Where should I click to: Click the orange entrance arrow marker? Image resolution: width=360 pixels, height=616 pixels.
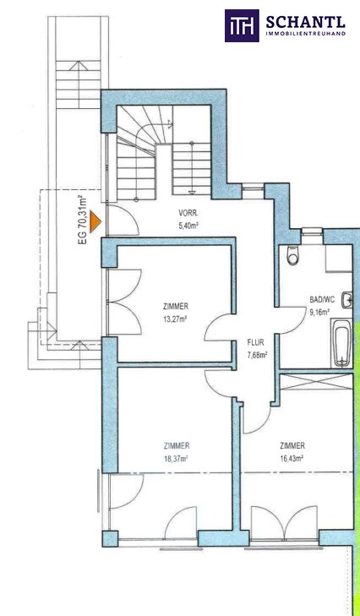click(95, 222)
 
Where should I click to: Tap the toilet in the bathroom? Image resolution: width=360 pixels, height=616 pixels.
click(292, 254)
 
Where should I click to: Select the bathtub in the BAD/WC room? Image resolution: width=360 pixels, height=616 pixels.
click(341, 342)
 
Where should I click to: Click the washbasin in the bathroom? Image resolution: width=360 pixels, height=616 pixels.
click(347, 302)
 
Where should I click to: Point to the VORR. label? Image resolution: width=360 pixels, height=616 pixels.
click(188, 215)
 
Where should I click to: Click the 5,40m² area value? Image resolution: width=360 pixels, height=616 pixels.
click(188, 226)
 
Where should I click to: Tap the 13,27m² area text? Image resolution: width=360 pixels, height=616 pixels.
click(175, 319)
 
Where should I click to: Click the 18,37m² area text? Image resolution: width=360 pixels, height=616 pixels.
click(176, 459)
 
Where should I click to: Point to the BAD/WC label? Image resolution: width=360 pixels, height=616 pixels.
click(322, 300)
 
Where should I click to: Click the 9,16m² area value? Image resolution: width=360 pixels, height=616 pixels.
click(319, 312)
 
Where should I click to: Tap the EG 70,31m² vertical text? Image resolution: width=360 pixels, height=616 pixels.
click(83, 220)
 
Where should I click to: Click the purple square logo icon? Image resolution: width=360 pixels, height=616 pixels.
click(242, 25)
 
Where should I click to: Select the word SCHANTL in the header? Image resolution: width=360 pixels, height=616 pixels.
click(306, 23)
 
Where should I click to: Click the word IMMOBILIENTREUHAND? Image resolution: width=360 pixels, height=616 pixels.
click(306, 34)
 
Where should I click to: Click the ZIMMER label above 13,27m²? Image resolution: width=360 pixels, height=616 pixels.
click(175, 307)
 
